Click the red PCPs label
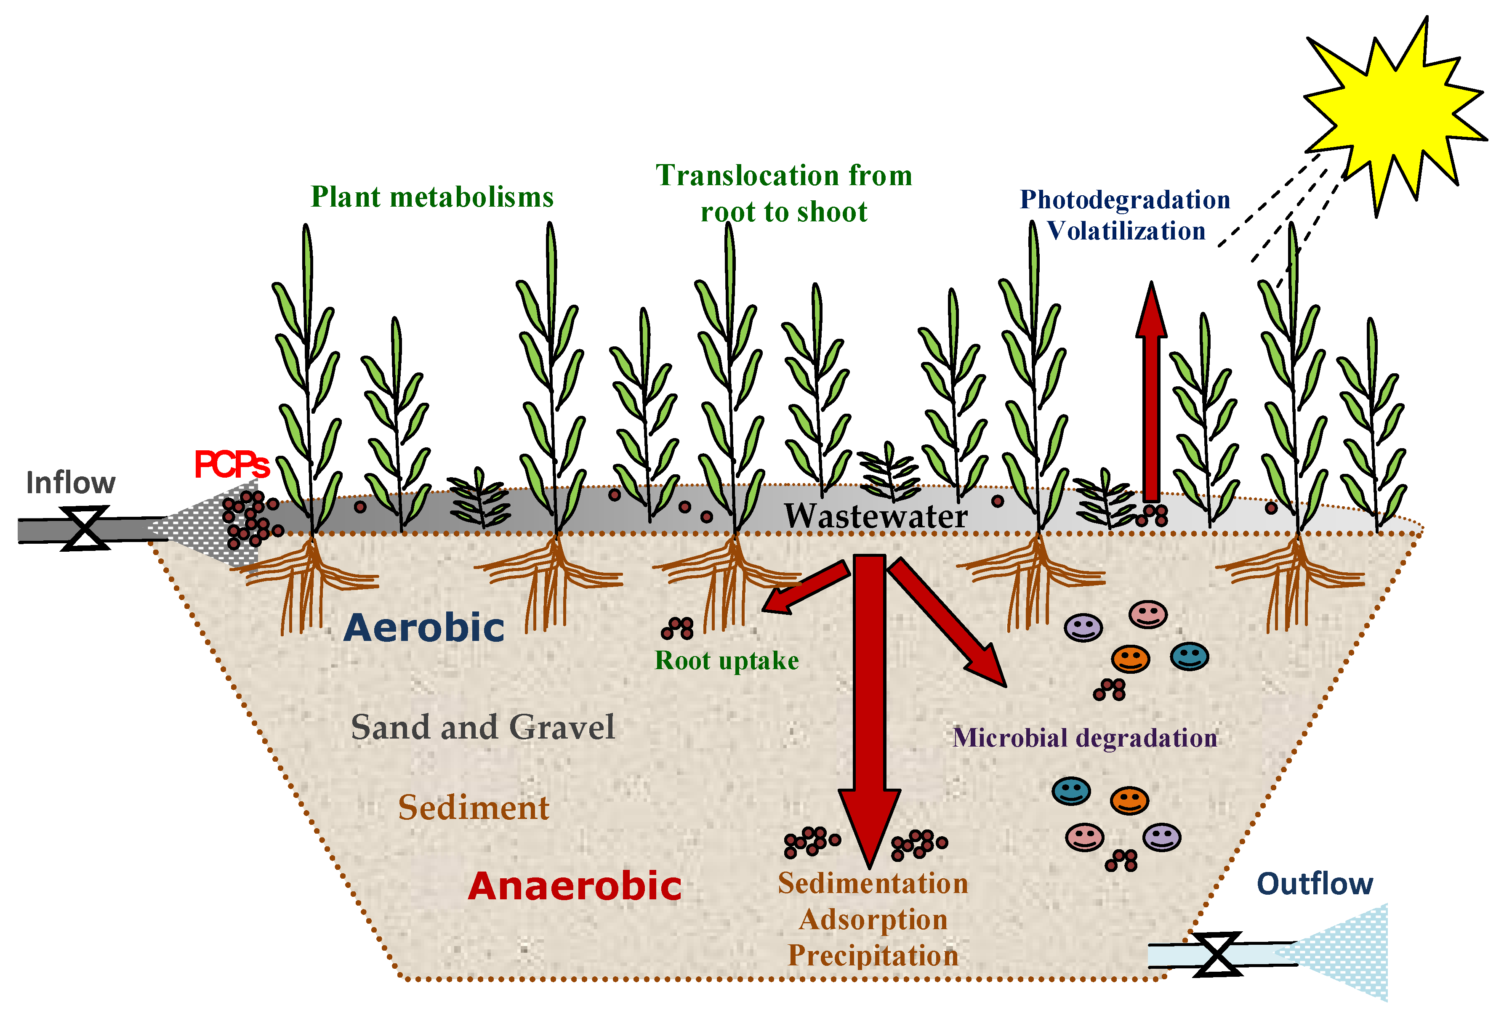coord(231,465)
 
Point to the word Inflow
coord(71,483)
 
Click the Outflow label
coord(1315,883)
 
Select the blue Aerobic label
coord(424,628)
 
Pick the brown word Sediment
coord(473,808)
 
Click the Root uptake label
coord(727,661)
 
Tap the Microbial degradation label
coord(1085,738)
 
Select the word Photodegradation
coord(1125,199)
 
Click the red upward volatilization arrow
coord(1151,395)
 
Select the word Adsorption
coord(873,920)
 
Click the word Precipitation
coord(873,956)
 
